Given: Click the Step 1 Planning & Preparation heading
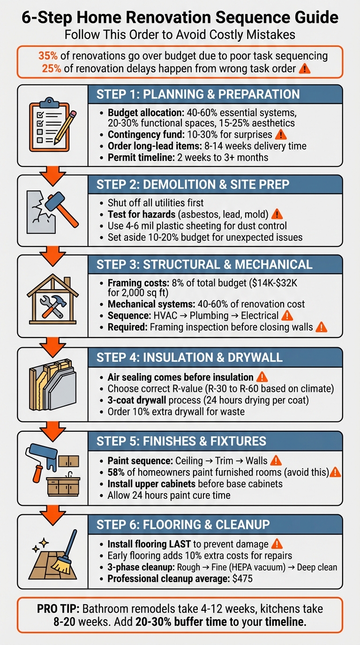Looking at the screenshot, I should point(198,94).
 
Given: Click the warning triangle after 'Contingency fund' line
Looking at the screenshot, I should point(280,135).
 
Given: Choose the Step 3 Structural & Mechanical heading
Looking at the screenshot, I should point(204,264).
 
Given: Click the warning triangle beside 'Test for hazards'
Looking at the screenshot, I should point(277,215).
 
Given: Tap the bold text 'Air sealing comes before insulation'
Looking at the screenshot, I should point(180,377).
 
